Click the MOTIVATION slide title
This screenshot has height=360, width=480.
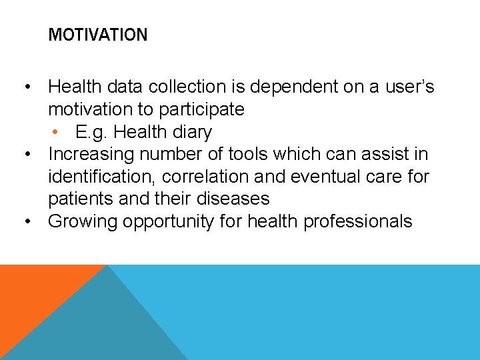[x=98, y=35]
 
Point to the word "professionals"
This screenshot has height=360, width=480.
[x=357, y=221]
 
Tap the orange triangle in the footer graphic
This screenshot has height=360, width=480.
[x=33, y=293]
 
